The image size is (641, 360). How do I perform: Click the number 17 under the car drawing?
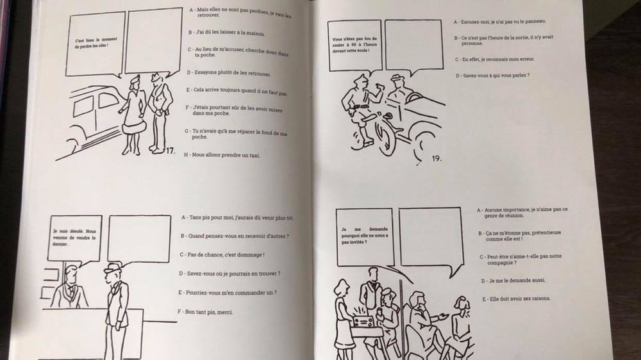click(170, 151)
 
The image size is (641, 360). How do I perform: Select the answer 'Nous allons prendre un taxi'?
click(224, 155)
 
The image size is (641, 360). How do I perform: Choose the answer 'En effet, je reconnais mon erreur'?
click(490, 59)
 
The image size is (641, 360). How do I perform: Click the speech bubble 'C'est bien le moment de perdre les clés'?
click(96, 44)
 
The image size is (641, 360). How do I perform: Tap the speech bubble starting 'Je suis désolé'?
click(74, 238)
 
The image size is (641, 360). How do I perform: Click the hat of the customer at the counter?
click(114, 268)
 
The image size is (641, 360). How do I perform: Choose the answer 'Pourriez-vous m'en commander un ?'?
click(228, 293)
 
